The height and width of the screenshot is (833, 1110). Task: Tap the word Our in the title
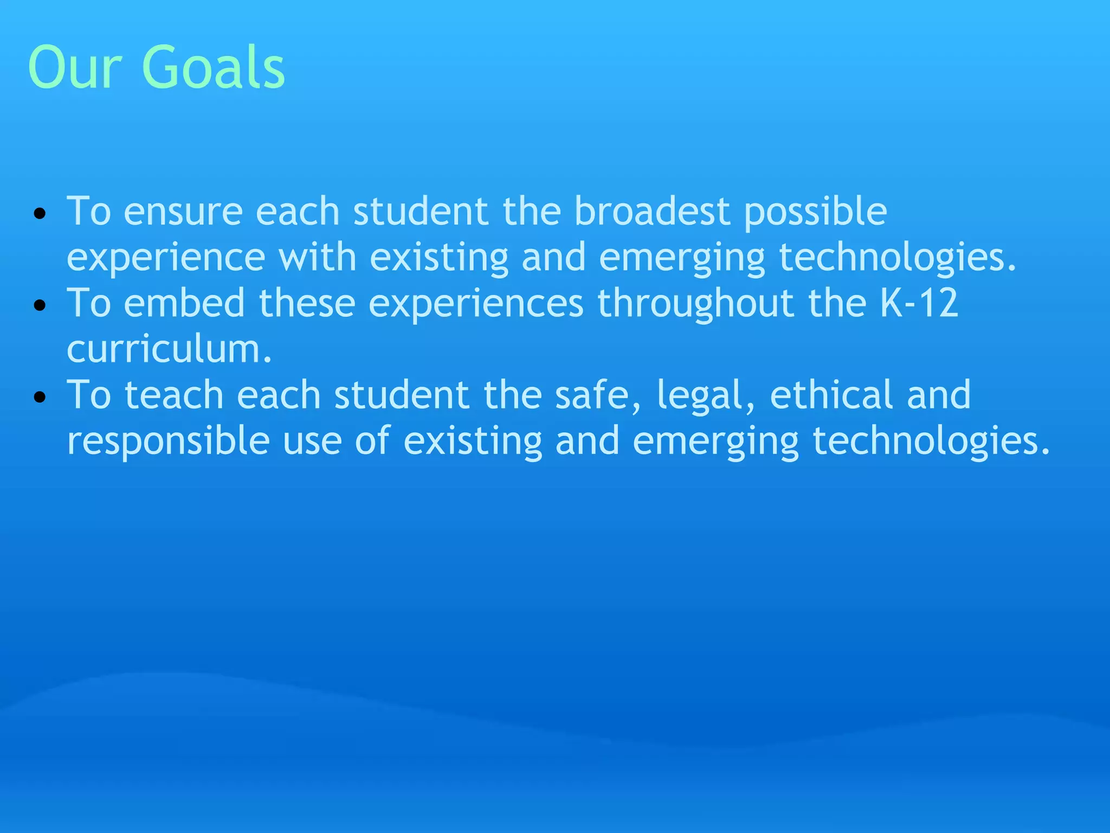pyautogui.click(x=75, y=67)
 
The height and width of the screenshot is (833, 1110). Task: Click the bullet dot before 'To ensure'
pyautogui.click(x=40, y=213)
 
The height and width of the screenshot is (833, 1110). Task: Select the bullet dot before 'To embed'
pyautogui.click(x=40, y=305)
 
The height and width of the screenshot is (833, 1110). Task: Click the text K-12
pyautogui.click(x=919, y=303)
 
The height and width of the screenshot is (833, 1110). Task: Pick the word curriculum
pyautogui.click(x=169, y=350)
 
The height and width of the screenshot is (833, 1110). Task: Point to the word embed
pyautogui.click(x=184, y=303)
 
